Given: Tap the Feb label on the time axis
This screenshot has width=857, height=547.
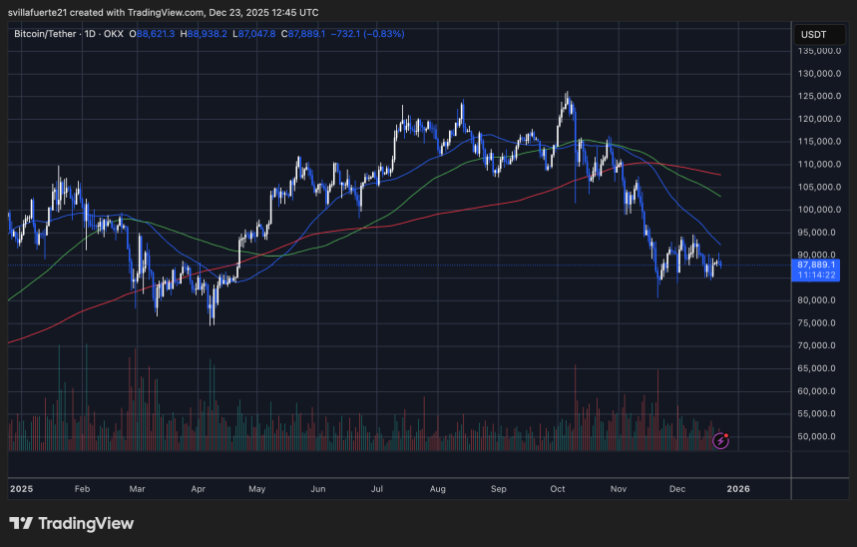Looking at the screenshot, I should tap(82, 489).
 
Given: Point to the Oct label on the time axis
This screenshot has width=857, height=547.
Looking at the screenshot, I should tap(558, 489).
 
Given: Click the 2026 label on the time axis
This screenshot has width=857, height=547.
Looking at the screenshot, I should tap(739, 489).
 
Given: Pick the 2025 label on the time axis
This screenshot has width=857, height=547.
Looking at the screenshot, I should tap(21, 489).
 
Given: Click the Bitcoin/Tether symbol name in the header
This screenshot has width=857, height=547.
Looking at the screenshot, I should tap(49, 34).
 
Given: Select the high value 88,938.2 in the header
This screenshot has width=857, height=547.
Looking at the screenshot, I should tap(210, 34).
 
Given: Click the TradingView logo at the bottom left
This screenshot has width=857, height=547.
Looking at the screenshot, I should tap(71, 523).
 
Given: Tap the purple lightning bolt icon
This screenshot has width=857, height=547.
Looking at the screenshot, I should tap(721, 439).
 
